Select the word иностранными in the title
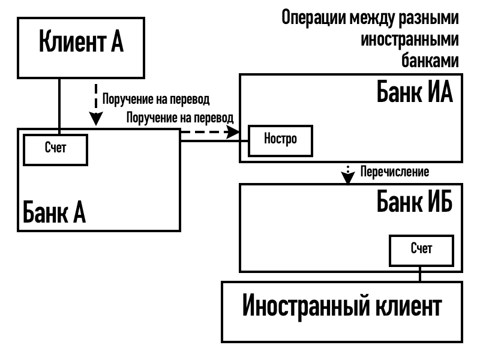[410, 40]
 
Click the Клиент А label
[81, 43]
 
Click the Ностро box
[280, 139]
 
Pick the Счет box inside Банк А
[55, 149]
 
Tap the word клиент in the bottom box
[408, 307]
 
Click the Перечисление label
[394, 172]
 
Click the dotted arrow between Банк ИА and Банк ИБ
[348, 173]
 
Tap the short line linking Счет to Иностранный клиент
[421, 274]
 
